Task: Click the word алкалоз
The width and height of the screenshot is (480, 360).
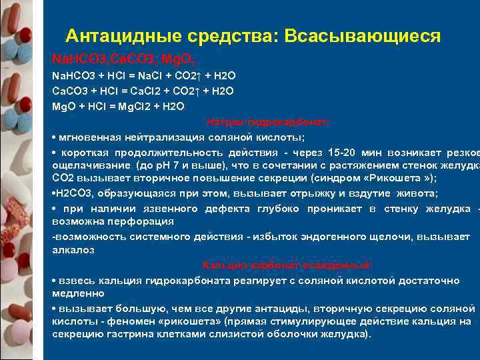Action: click(73, 250)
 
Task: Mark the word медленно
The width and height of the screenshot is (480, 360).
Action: click(77, 293)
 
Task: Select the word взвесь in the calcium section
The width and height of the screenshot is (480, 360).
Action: click(75, 279)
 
